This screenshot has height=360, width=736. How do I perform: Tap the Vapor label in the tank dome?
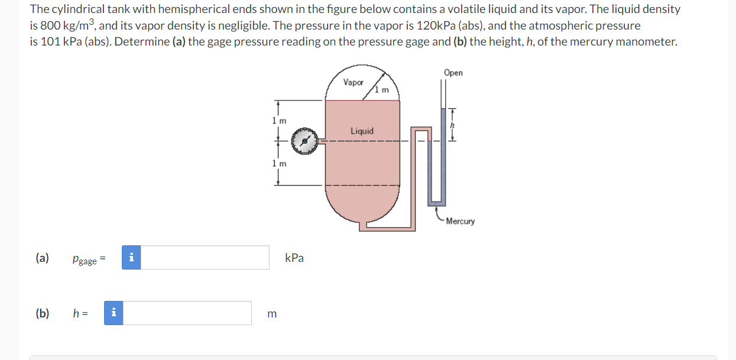coord(353,83)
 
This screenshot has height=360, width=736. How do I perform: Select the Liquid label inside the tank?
coord(362,131)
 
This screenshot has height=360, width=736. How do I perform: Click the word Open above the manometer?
coord(453,73)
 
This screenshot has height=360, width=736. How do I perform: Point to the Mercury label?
coord(460,221)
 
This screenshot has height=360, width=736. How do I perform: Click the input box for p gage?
coord(205,258)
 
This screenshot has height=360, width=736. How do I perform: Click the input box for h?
coord(187,313)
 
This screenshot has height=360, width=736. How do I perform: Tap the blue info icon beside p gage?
coord(131,258)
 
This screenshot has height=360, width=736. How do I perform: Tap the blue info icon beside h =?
coord(114,313)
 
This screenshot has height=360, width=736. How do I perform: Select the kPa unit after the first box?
coord(294,258)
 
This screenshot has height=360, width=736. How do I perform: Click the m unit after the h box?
coord(271,314)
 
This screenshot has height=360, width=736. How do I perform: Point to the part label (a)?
coord(42,258)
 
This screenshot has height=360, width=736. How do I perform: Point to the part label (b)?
coord(42,313)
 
